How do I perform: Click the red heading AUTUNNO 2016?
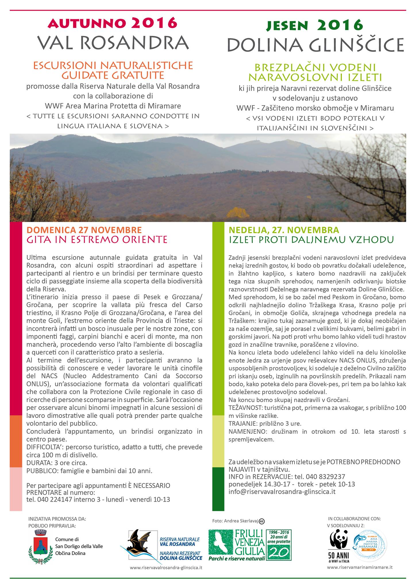click(112, 23)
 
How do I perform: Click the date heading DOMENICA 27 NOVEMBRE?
click(84, 230)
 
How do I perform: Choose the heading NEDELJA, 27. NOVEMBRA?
click(284, 230)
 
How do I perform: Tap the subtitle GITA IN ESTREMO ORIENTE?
click(97, 239)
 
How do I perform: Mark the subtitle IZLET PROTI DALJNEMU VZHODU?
click(311, 239)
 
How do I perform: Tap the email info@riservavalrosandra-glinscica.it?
click(282, 492)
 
